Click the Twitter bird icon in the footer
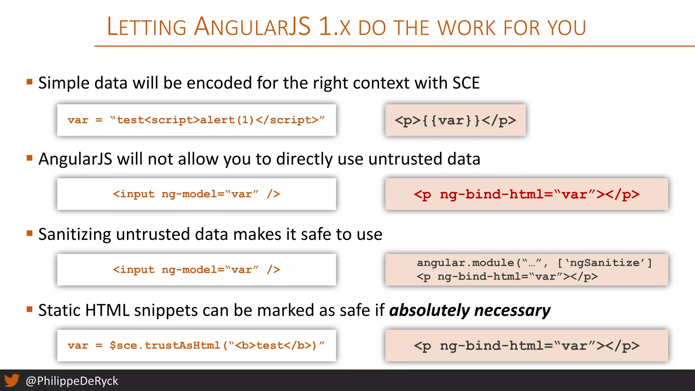tap(12, 380)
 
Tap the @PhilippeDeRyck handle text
tap(72, 381)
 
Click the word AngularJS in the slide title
tap(252, 27)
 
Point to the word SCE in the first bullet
tap(466, 83)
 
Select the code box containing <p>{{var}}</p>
tap(455, 120)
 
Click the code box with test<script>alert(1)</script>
tap(196, 120)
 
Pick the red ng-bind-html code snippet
tap(526, 194)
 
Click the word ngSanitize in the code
tap(605, 263)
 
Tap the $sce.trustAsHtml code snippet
tap(196, 345)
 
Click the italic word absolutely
tap(429, 310)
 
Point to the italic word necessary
tap(512, 310)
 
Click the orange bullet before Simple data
tap(30, 81)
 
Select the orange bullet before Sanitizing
tap(30, 233)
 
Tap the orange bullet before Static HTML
tap(30, 309)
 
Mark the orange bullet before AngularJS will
tap(30, 157)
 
